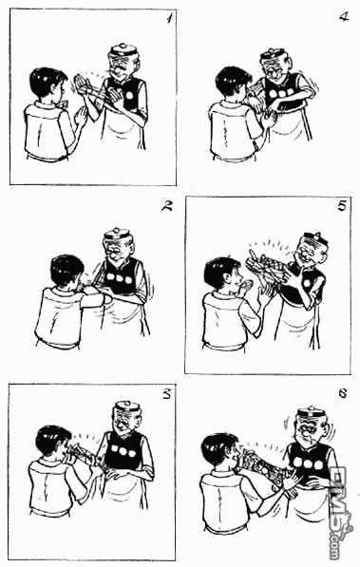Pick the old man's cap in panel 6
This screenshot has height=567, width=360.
coord(311,415)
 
